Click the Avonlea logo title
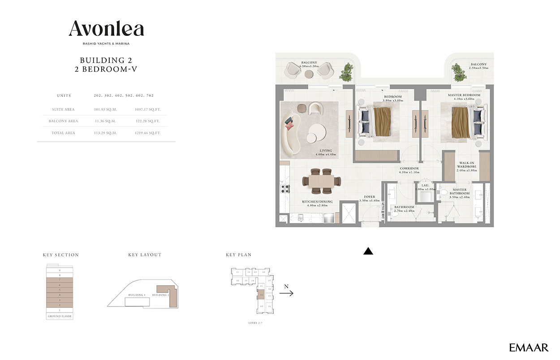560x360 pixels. click(x=106, y=30)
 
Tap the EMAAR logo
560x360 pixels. click(x=529, y=347)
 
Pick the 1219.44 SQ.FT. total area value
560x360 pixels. click(x=147, y=133)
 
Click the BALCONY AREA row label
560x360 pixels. click(x=63, y=121)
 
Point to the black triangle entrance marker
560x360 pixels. click(x=368, y=252)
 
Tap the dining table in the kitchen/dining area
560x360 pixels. click(x=322, y=181)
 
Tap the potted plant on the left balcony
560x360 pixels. click(x=346, y=72)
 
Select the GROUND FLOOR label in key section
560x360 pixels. click(x=59, y=316)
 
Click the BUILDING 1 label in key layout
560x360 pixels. click(x=137, y=295)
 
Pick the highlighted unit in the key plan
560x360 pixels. click(x=262, y=296)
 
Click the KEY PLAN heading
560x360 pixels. click(x=238, y=255)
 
